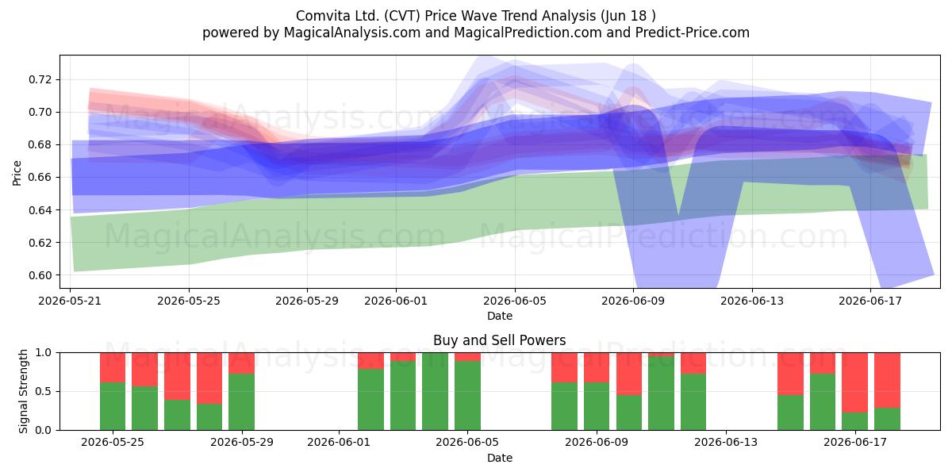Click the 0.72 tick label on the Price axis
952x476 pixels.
40,79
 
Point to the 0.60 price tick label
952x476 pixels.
40,275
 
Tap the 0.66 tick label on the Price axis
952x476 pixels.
40,177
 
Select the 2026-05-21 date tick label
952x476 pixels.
70,301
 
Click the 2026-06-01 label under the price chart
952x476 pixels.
396,301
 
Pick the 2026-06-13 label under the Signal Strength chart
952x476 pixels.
725,443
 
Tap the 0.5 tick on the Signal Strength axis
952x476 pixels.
44,391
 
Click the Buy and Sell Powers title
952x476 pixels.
499,340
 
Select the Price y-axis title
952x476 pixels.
17,173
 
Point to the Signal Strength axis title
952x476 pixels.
23,391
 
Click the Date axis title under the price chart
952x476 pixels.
499,317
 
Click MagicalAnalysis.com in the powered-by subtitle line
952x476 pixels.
352,33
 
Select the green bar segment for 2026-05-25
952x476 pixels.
113,406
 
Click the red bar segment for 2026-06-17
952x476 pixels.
854,382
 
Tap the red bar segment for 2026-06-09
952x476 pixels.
597,367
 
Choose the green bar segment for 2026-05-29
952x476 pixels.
241,402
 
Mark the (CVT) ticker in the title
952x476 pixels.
402,16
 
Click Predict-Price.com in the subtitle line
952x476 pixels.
693,33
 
